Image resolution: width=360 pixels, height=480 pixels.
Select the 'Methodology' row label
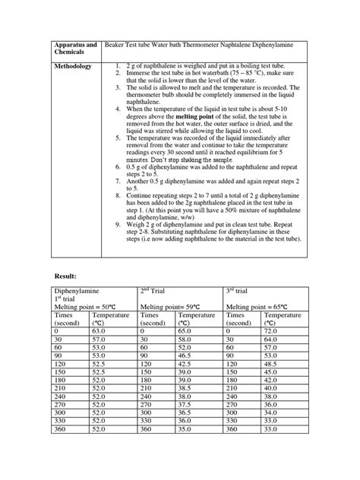[x=73, y=66]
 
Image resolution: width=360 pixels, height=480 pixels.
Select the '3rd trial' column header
[x=241, y=290]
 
